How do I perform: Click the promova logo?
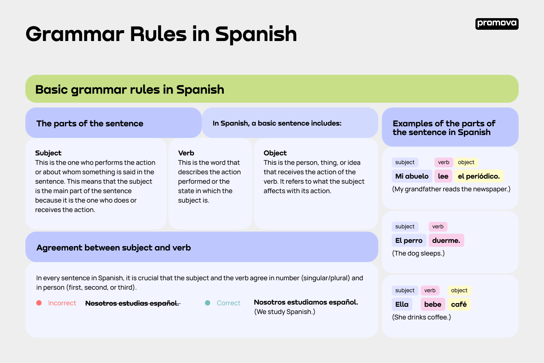496,24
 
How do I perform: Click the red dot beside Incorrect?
39,303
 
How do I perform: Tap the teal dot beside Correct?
207,303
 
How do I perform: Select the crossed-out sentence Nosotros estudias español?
132,303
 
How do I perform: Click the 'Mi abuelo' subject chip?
412,176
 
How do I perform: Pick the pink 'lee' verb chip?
443,176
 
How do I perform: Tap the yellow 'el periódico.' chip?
479,176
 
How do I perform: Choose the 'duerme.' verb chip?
446,240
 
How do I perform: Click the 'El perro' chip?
409,240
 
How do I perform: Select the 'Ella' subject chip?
402,304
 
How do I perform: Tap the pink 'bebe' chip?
433,304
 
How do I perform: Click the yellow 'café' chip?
459,304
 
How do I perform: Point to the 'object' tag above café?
459,290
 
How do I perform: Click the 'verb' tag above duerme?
438,227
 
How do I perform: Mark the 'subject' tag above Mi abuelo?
405,162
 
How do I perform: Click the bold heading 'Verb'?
186,153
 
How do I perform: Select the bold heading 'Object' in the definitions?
275,153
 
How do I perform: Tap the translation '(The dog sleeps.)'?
418,253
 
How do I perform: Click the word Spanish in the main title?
256,34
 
